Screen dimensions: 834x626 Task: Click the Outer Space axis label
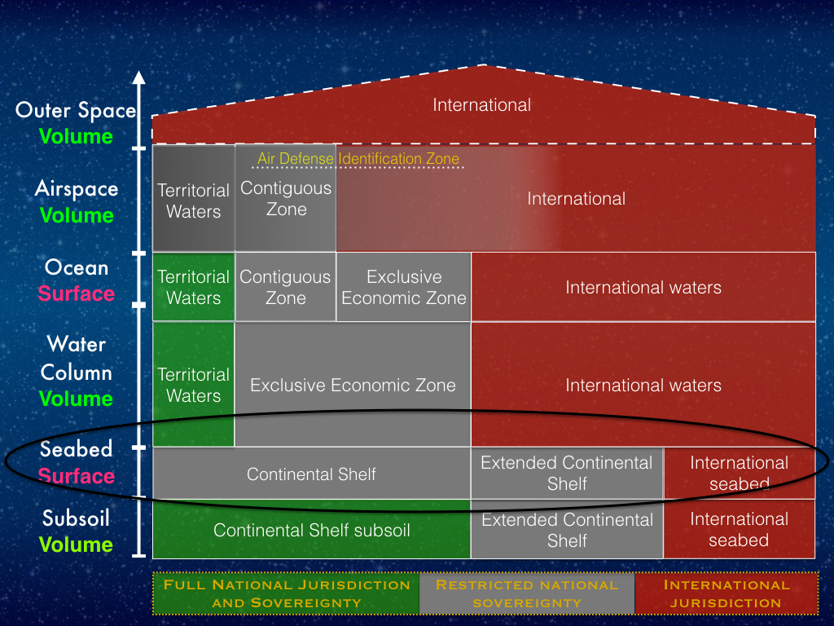(x=76, y=110)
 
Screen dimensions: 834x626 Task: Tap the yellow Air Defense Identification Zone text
(x=358, y=159)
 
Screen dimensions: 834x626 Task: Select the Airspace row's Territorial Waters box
(x=194, y=198)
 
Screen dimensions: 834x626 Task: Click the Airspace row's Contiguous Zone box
(x=286, y=198)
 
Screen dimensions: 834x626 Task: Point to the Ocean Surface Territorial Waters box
(x=194, y=287)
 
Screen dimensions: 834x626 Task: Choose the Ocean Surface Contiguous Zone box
(x=286, y=287)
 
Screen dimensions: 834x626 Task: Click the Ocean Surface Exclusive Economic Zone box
(x=404, y=287)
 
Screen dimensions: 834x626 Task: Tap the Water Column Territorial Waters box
(x=194, y=385)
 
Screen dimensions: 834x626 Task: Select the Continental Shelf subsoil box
(x=312, y=529)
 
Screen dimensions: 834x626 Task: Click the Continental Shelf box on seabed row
(x=312, y=474)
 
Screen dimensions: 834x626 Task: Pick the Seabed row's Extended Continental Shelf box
(x=567, y=474)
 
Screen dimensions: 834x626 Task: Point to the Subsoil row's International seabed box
(x=740, y=529)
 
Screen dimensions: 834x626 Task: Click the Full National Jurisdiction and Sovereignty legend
(x=286, y=593)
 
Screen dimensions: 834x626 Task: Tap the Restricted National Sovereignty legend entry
(x=527, y=593)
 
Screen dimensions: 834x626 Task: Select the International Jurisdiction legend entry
(x=726, y=593)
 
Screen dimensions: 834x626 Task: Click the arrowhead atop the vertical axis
(x=138, y=77)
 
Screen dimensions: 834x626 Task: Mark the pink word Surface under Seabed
(x=77, y=475)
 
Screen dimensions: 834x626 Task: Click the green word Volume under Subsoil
(x=76, y=544)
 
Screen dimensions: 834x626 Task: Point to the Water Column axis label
(x=77, y=359)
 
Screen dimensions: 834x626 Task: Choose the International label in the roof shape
(x=482, y=105)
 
